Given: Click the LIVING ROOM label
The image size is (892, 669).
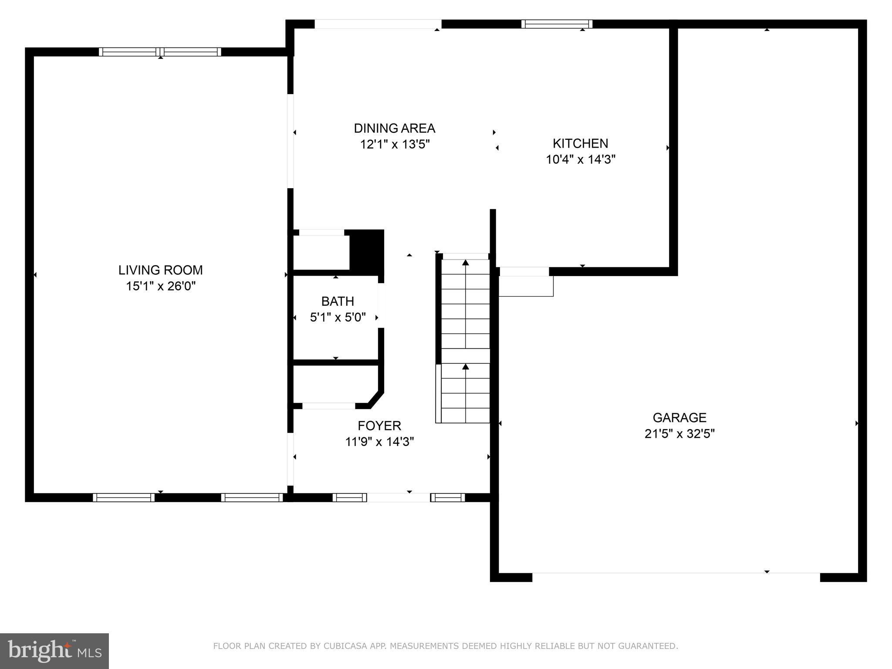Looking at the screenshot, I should pyautogui.click(x=160, y=270).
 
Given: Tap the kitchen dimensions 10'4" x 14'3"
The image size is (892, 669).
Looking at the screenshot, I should pyautogui.click(x=580, y=159).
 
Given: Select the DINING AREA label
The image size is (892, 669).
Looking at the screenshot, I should pyautogui.click(x=394, y=128).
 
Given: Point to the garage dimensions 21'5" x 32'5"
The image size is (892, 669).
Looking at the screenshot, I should pyautogui.click(x=679, y=434).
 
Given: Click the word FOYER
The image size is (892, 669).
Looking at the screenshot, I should pyautogui.click(x=379, y=426).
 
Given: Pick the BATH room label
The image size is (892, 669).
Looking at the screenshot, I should pyautogui.click(x=338, y=301).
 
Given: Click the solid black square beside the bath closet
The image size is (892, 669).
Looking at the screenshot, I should pyautogui.click(x=367, y=251).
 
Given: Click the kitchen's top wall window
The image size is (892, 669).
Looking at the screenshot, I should pyautogui.click(x=557, y=24).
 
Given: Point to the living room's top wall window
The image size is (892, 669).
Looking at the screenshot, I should pyautogui.click(x=160, y=52).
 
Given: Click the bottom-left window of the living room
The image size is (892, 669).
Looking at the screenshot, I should pyautogui.click(x=123, y=497).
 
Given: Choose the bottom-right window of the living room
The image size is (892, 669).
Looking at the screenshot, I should pyautogui.click(x=252, y=497).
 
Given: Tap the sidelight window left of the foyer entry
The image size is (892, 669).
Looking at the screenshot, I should pyautogui.click(x=349, y=497).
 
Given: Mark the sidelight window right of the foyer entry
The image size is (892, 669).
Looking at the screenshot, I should pyautogui.click(x=448, y=497).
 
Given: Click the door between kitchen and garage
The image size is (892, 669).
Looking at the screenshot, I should pyautogui.click(x=524, y=272).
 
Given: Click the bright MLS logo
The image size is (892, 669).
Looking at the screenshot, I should pyautogui.click(x=54, y=651).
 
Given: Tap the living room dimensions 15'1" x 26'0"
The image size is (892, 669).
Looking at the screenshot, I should pyautogui.click(x=160, y=286).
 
